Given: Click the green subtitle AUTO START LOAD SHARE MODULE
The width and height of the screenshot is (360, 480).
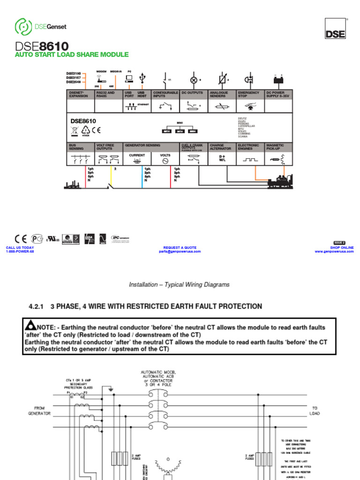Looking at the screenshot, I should tap(72, 55).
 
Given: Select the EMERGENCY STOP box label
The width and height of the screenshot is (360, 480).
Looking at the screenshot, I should tap(248, 94).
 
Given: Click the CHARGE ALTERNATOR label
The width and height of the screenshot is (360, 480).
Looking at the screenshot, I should tap(220, 147).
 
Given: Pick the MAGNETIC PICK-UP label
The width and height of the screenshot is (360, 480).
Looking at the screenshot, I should tap(275, 147).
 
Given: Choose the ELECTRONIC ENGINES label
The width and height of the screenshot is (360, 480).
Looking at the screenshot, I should tap(248, 147).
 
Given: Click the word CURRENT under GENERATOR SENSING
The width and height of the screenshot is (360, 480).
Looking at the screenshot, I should tap(137, 155).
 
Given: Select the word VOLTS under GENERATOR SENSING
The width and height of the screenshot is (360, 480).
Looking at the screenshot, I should tap(165, 155).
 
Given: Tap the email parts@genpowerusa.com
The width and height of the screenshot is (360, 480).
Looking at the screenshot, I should tap(180, 251).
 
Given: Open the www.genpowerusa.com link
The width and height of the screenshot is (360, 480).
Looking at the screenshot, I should tap(334, 251).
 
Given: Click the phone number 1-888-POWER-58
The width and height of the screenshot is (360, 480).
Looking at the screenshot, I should tap(20, 251).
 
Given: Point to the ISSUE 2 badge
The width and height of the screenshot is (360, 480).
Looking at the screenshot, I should tap(339, 243).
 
